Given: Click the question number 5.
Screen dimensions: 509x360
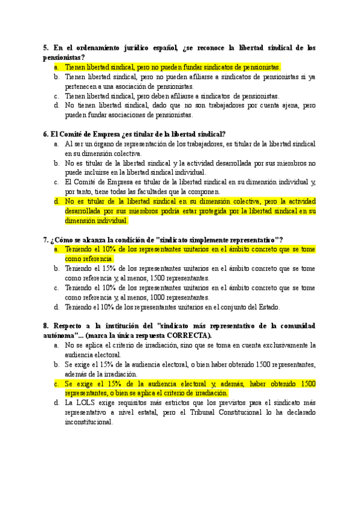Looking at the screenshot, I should click(46, 47).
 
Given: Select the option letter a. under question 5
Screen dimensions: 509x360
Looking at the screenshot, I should click(56, 67).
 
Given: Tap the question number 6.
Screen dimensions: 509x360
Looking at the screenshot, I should click(46, 134).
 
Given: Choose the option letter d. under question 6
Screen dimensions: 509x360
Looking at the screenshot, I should click(56, 202).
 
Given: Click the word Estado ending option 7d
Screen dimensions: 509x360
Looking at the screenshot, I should click(268, 307).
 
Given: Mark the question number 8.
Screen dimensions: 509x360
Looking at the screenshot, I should click(46, 326).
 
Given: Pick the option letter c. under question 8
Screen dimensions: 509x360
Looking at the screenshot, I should click(56, 383).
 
